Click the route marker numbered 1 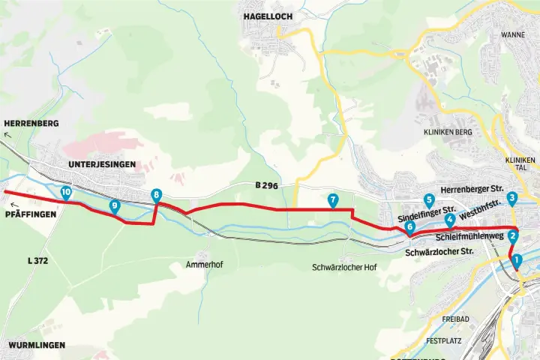(517, 261)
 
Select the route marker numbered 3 (512, 199)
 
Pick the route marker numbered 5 (429, 200)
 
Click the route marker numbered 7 (333, 200)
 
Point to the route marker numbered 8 (156, 196)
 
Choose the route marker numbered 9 (115, 206)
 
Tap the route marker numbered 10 (66, 193)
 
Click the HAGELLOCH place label (267, 16)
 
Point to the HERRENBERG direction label (31, 123)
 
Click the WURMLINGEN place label (36, 345)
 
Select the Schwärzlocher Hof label (343, 268)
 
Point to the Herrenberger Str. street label (472, 190)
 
